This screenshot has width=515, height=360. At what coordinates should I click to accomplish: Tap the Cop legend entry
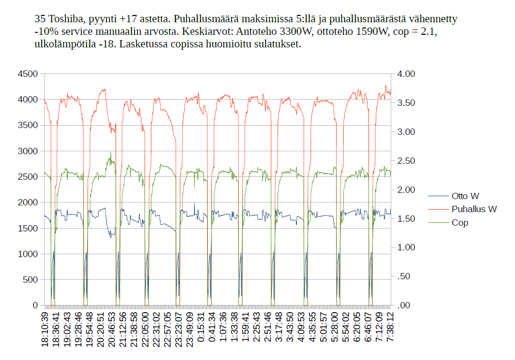460,223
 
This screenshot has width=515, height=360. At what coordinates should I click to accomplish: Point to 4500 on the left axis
28,74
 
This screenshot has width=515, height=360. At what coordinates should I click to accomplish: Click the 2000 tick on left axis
28,202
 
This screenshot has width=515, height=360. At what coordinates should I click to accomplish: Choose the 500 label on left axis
30,280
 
